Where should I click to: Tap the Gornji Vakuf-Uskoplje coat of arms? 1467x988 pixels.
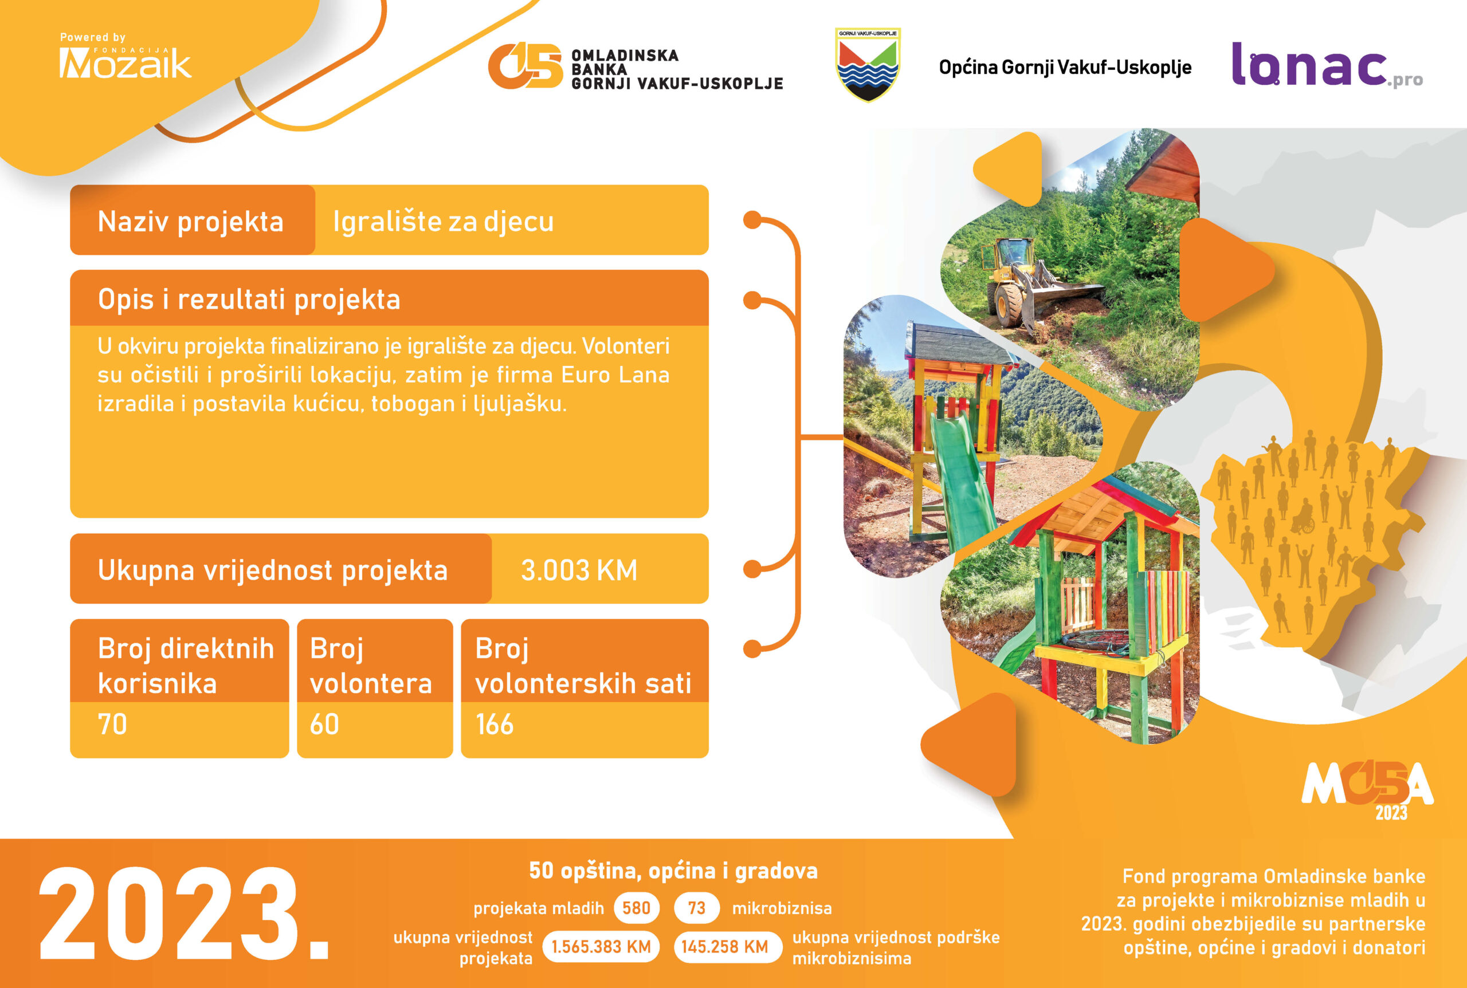pyautogui.click(x=868, y=64)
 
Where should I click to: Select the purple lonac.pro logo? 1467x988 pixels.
pyautogui.click(x=1327, y=65)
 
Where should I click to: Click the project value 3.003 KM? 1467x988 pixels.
pyautogui.click(x=579, y=570)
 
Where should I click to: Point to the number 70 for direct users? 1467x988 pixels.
pyautogui.click(x=112, y=725)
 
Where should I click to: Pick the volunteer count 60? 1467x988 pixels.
pyautogui.click(x=324, y=725)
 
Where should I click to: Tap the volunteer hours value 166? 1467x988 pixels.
pyautogui.click(x=495, y=725)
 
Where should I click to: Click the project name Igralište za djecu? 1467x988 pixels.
pyautogui.click(x=443, y=222)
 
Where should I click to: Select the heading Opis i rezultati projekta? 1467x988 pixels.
pyautogui.click(x=249, y=300)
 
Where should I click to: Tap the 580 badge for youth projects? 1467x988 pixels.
pyautogui.click(x=636, y=908)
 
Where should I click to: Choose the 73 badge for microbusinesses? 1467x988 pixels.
pyautogui.click(x=697, y=908)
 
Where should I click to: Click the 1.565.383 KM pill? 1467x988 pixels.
pyautogui.click(x=601, y=946)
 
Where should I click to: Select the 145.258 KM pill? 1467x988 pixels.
pyautogui.click(x=725, y=946)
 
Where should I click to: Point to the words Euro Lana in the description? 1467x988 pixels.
pyautogui.click(x=615, y=375)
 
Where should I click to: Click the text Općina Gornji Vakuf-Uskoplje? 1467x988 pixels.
pyautogui.click(x=1065, y=68)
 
